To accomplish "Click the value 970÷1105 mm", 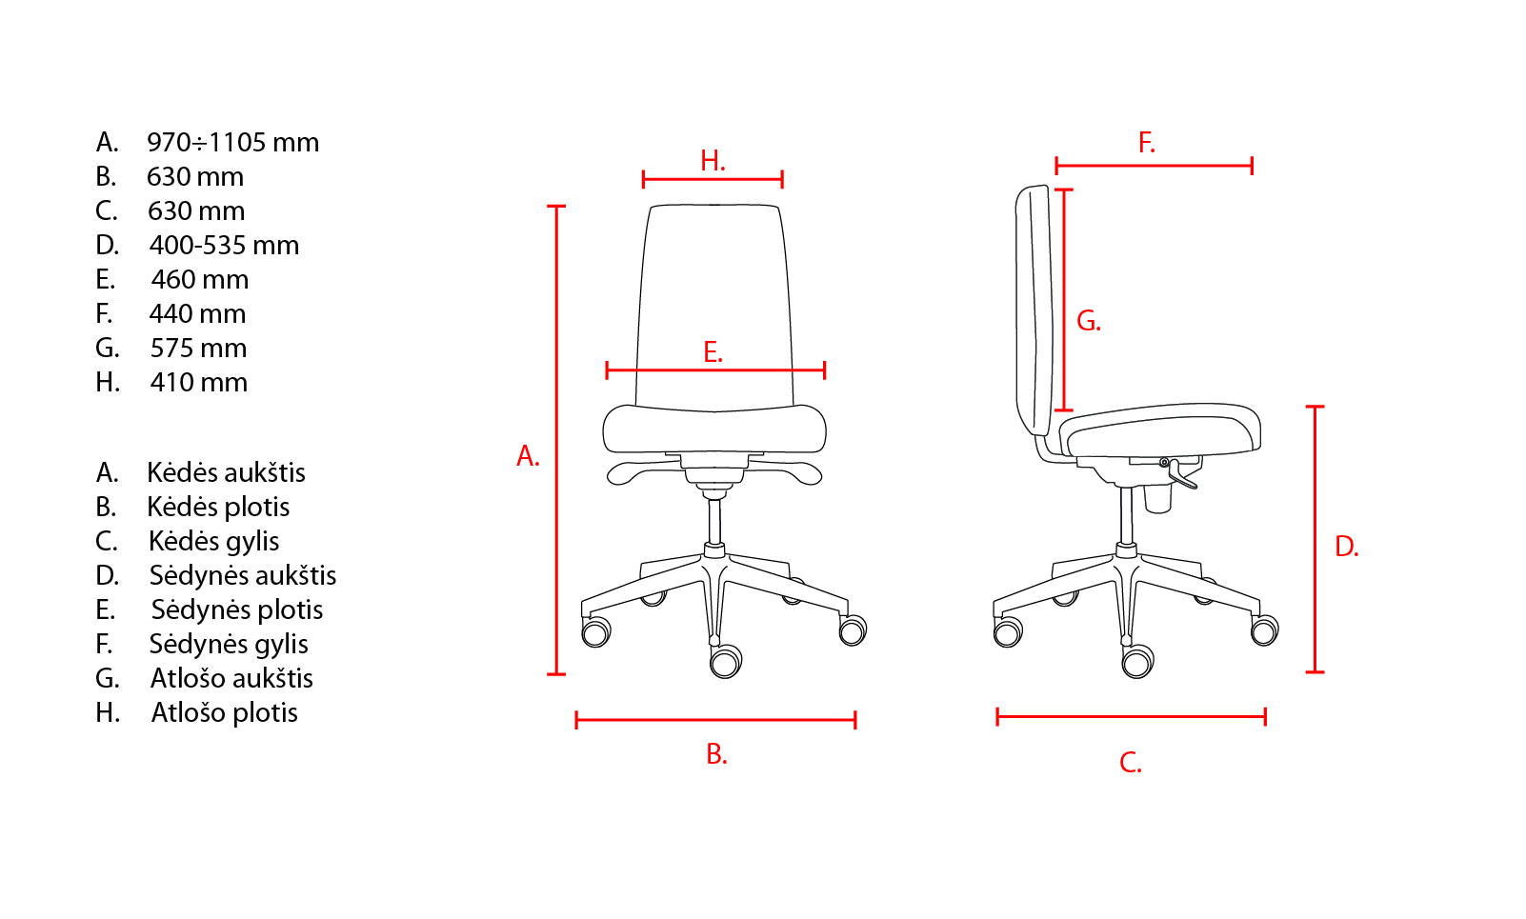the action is click(x=233, y=143).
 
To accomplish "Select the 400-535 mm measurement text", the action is click(x=224, y=246).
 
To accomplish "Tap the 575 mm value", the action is click(x=198, y=349).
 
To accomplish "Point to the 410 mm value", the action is click(x=199, y=382).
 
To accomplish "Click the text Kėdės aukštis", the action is click(x=226, y=472).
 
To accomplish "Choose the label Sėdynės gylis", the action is click(x=229, y=644).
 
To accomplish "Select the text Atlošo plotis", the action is click(x=225, y=712).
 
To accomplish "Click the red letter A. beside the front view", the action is click(x=528, y=456).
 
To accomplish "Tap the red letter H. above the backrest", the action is click(x=713, y=161).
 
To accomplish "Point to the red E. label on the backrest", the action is click(x=713, y=352).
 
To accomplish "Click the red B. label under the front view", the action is click(x=716, y=754).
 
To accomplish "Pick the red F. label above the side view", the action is click(x=1147, y=143).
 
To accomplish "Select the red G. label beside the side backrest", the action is click(x=1089, y=321).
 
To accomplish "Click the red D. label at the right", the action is click(x=1347, y=547).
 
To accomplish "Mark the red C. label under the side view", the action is click(x=1131, y=762).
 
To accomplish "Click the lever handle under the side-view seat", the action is click(x=1183, y=476).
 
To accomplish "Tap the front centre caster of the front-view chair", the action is click(x=726, y=661).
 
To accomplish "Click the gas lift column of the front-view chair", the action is click(x=714, y=521).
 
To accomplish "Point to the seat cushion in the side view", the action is click(x=1160, y=430).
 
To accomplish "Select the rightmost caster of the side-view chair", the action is click(x=1264, y=630).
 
